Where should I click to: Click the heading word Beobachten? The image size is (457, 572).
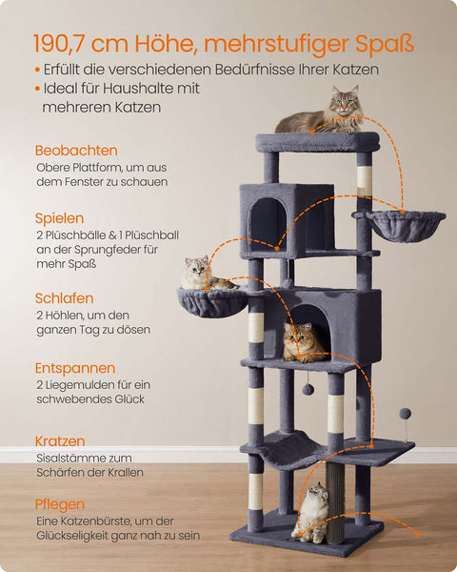(x=76, y=151)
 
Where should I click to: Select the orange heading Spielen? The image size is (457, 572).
(x=59, y=218)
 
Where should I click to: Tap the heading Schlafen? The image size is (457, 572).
(x=64, y=298)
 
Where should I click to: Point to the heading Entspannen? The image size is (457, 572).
(x=75, y=368)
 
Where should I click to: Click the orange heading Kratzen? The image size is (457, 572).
(x=60, y=441)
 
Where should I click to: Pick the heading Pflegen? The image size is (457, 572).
(x=59, y=504)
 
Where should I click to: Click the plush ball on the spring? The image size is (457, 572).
(x=405, y=414)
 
